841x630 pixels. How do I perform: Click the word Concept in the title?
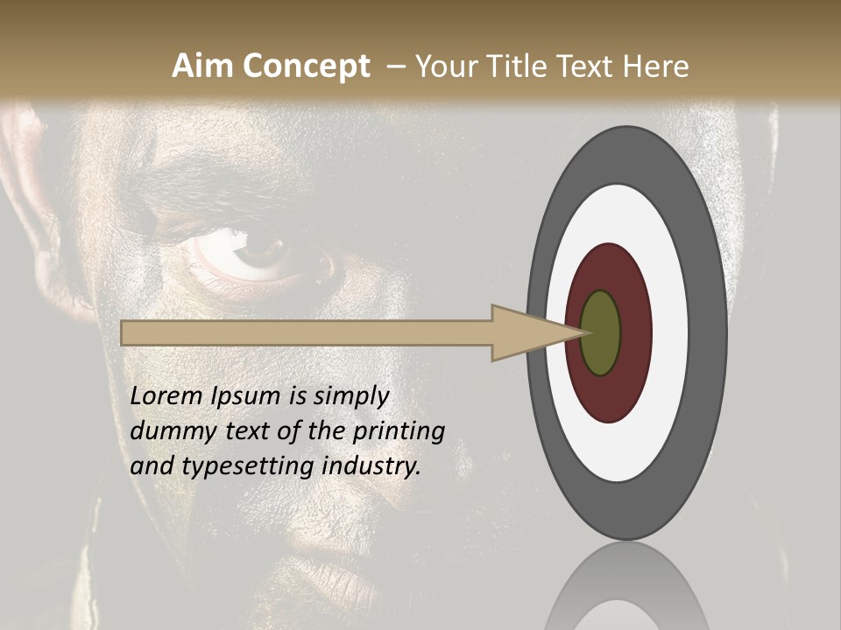[x=306, y=66]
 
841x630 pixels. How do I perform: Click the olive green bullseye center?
[x=600, y=333]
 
